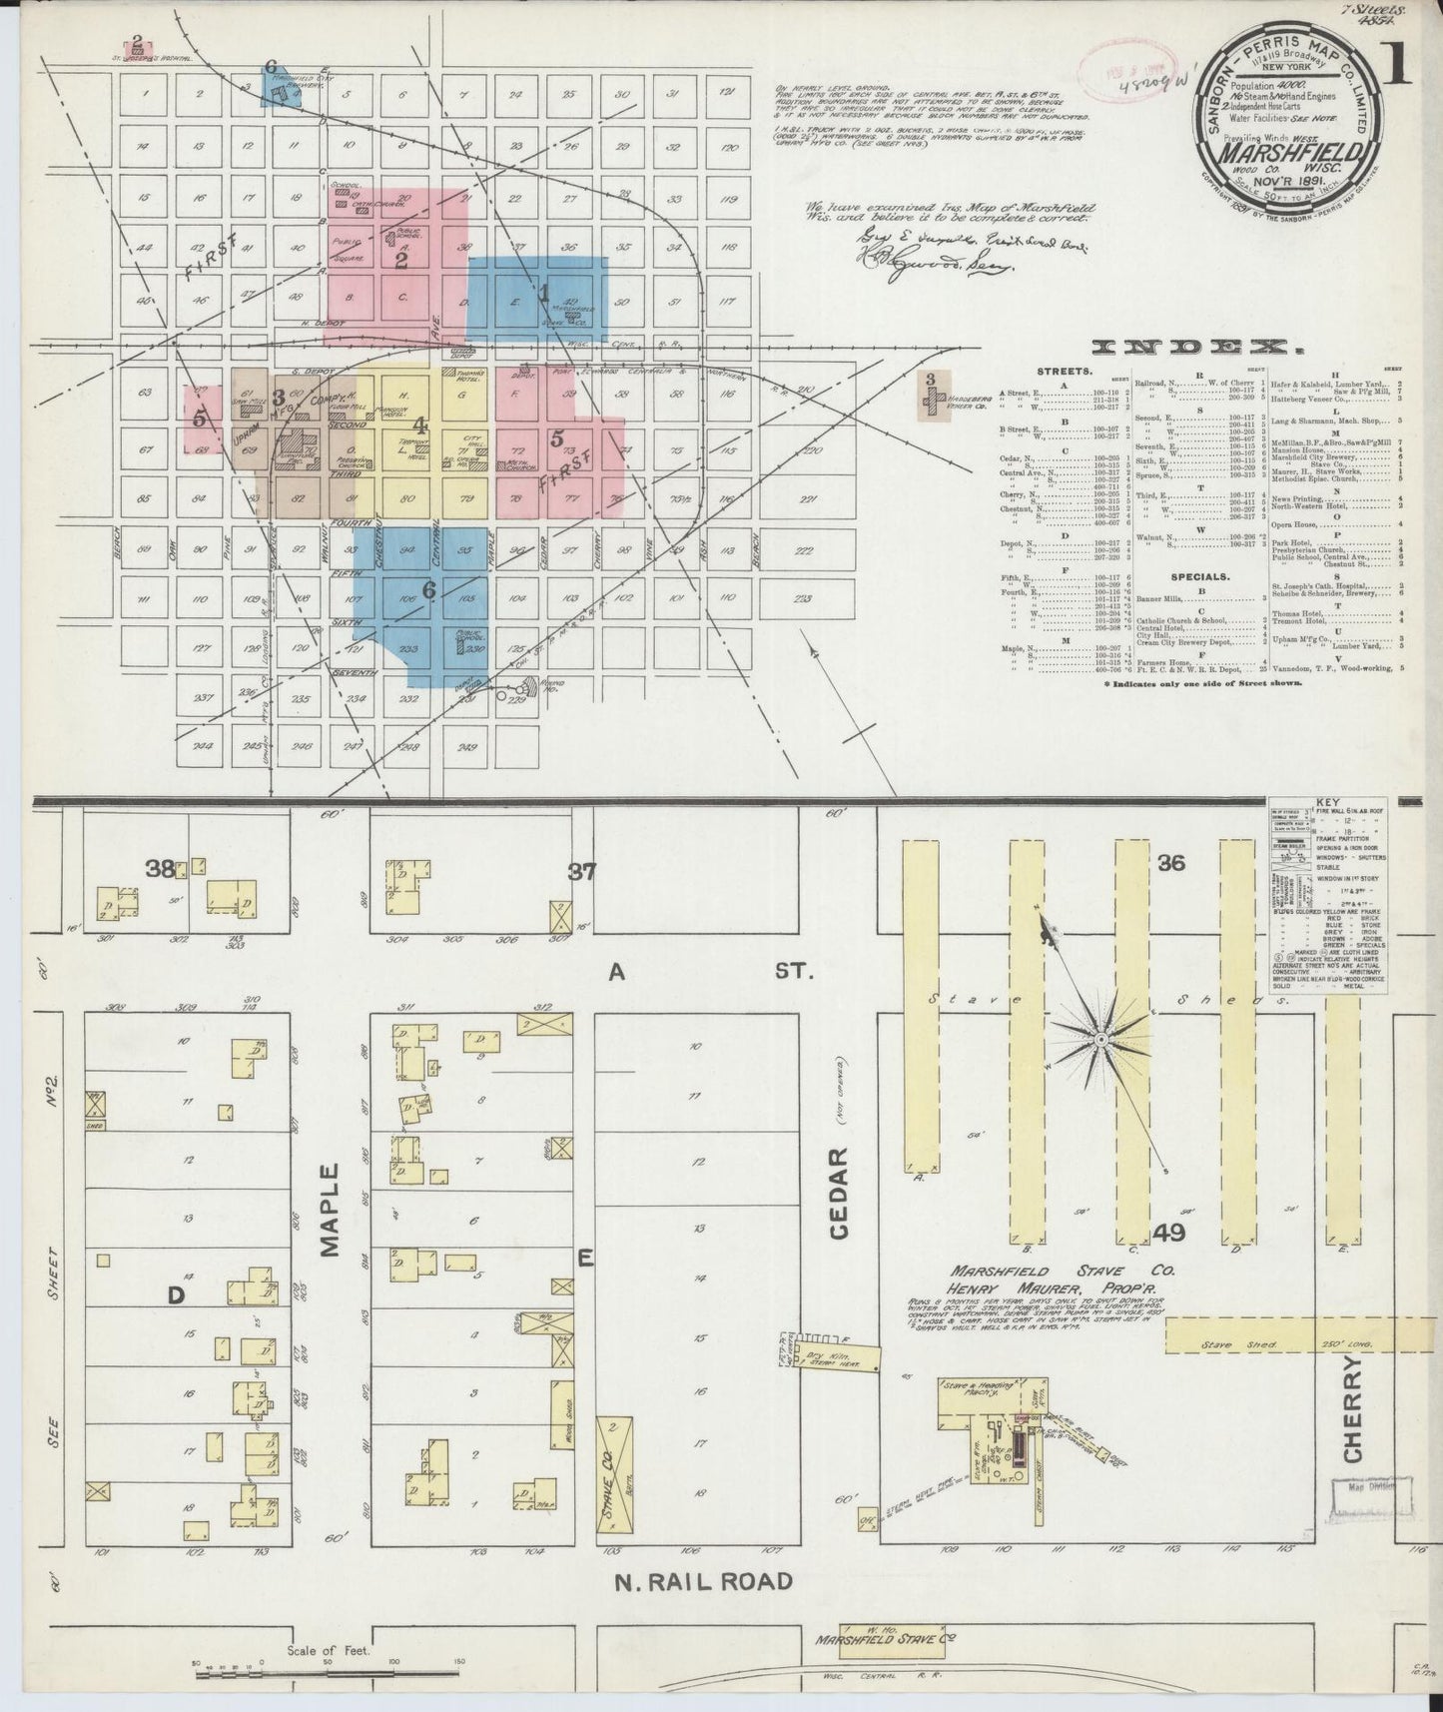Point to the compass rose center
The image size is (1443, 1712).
1098,1040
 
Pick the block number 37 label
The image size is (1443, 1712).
581,872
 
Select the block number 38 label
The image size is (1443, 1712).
160,868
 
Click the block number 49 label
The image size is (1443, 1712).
1167,1233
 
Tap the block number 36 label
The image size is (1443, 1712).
1170,862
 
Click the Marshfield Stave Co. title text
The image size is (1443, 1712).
1040,1272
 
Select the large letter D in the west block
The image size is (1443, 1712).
176,1295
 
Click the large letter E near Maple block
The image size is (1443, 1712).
584,1260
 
